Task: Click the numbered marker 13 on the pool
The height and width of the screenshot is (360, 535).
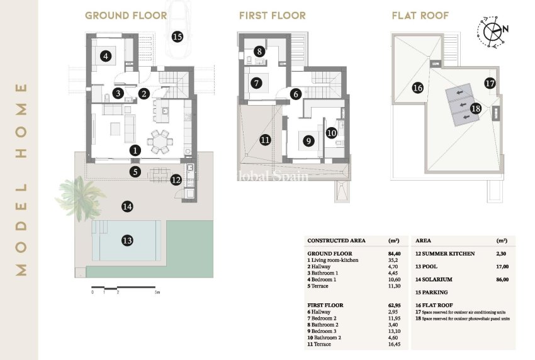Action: [x=127, y=240]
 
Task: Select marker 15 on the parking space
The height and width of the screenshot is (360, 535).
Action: [x=177, y=37]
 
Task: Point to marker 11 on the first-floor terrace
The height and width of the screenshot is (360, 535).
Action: [x=265, y=139]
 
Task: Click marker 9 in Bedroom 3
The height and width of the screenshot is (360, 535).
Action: [x=308, y=141]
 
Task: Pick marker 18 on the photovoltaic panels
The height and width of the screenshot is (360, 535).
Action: [x=475, y=108]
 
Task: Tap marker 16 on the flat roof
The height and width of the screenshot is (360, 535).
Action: [x=417, y=88]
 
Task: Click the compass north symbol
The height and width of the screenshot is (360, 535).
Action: [x=495, y=28]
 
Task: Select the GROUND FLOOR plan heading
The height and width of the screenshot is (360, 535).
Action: [x=126, y=15]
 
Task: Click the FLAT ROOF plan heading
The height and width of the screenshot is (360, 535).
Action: [x=420, y=15]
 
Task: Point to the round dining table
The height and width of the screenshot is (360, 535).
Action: [x=160, y=142]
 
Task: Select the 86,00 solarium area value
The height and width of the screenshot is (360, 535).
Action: [x=502, y=279]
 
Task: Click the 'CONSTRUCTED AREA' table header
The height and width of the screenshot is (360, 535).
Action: [x=334, y=240]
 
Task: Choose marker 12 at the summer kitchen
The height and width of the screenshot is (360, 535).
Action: [x=176, y=180]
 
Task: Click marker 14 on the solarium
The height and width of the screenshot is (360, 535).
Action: [x=128, y=206]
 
